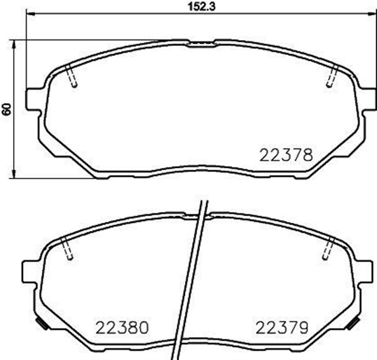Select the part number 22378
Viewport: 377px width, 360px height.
tap(285, 155)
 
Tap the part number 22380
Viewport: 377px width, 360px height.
tap(122, 326)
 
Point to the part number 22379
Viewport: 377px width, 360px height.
tap(280, 326)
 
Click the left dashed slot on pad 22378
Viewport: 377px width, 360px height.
tap(72, 77)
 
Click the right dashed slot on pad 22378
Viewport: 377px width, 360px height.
tap(331, 77)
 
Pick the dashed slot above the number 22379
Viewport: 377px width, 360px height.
tap(325, 249)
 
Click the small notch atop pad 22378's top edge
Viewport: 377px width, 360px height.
tap(201, 43)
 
